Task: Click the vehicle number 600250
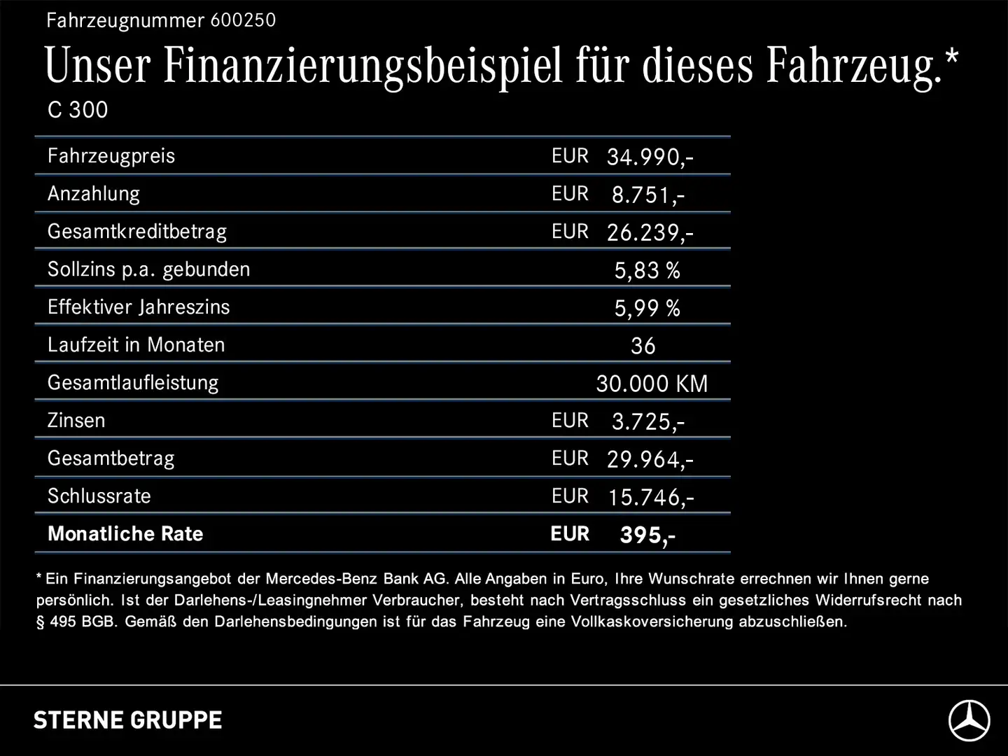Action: point(243,20)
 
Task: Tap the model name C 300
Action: point(78,110)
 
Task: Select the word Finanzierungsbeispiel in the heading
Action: point(363,66)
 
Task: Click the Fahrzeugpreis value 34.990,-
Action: point(650,157)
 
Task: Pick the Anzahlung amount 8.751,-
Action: point(647,195)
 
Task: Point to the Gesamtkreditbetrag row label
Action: point(137,232)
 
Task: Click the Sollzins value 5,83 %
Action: point(647,270)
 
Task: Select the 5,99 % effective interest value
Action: point(647,308)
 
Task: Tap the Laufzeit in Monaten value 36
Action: point(643,346)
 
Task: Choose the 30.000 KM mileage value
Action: point(652,384)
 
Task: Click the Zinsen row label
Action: point(76,421)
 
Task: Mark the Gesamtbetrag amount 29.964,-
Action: point(650,459)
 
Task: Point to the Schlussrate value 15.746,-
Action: point(650,497)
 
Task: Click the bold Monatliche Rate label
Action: point(125,534)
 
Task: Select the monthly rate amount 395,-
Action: point(647,535)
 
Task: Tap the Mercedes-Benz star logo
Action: point(969,720)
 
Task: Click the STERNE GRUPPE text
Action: point(128,720)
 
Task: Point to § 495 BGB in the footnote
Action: point(76,622)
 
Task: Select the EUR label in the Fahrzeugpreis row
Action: point(570,156)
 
